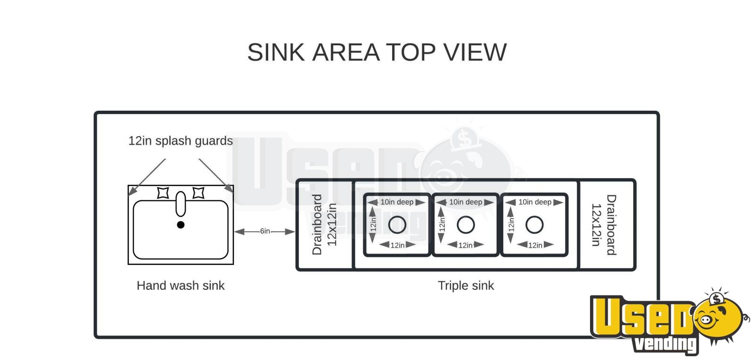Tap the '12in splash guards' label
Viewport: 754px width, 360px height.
click(x=180, y=140)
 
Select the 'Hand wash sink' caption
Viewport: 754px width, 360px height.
click(x=180, y=285)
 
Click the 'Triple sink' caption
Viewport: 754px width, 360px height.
click(x=466, y=285)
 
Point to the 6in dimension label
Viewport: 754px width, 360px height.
click(x=265, y=231)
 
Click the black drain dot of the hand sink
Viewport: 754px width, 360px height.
click(x=181, y=225)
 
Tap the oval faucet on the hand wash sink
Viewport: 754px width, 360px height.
click(x=181, y=204)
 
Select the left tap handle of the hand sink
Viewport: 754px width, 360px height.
click(x=163, y=193)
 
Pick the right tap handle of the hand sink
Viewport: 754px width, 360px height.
click(x=198, y=193)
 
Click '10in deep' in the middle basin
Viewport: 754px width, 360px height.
click(x=466, y=202)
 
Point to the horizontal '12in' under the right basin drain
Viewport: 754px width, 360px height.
click(x=535, y=245)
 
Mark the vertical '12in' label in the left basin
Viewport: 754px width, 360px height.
click(x=373, y=225)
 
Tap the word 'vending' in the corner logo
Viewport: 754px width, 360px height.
click(x=665, y=344)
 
